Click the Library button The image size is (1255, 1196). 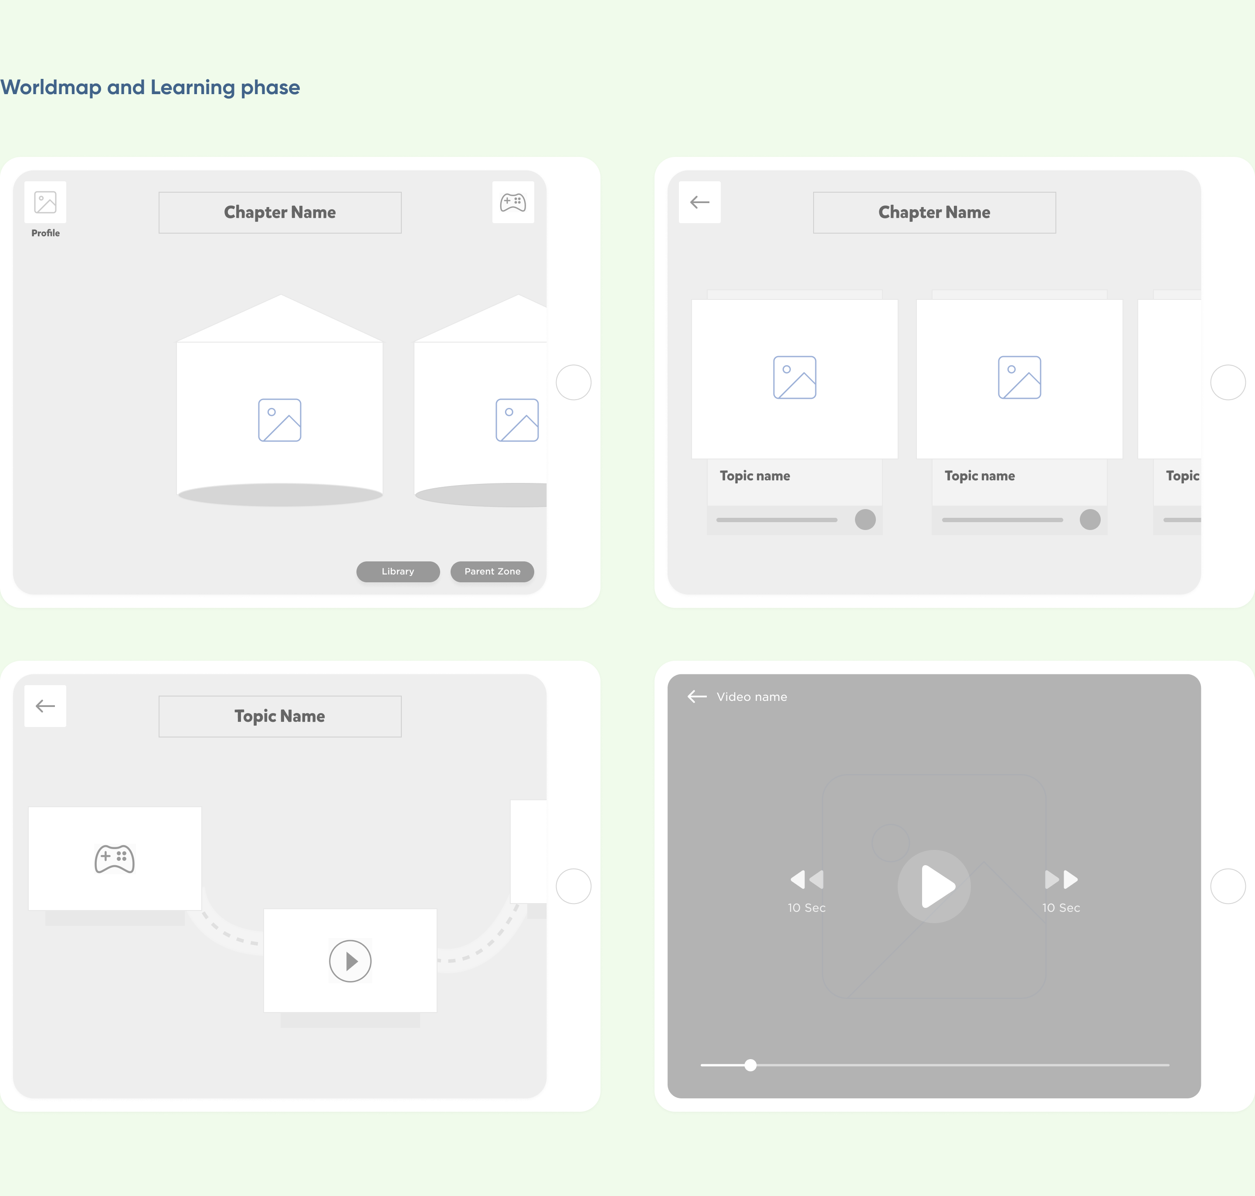tap(398, 571)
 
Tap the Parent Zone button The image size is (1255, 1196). tap(492, 571)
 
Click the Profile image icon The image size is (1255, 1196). tap(45, 202)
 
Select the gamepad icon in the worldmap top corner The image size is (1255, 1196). tap(513, 202)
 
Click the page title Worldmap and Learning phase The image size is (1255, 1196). tap(150, 87)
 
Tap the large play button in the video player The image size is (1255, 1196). tap(934, 886)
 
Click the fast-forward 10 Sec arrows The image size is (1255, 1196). tap(1061, 880)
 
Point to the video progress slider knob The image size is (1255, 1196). tap(751, 1065)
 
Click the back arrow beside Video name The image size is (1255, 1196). tap(697, 696)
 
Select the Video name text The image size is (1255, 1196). tap(751, 697)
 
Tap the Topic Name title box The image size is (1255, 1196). tap(280, 717)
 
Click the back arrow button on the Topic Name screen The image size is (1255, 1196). tap(45, 706)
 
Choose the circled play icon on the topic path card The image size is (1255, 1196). tap(350, 961)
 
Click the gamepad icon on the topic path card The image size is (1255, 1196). tap(115, 859)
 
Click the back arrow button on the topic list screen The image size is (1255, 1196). tap(700, 202)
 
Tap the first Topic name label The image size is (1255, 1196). tap(755, 476)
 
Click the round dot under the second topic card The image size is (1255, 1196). tap(1090, 520)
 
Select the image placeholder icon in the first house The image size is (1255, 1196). tap(280, 420)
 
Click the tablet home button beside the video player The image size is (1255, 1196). tap(1228, 886)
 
